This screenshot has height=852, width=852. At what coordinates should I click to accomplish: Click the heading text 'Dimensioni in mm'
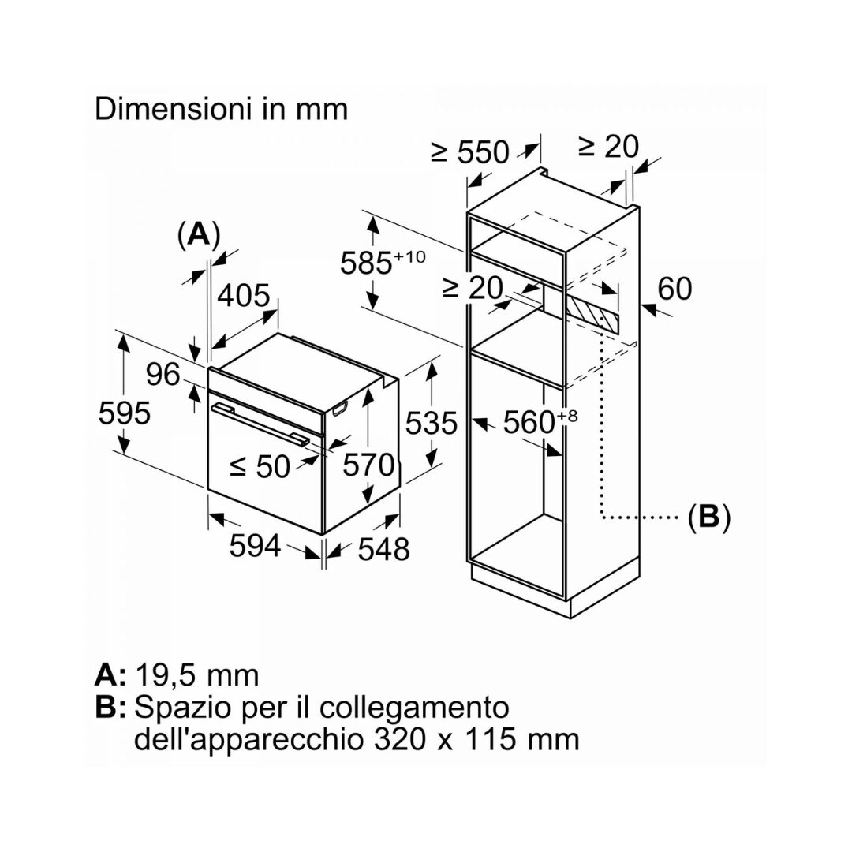click(221, 109)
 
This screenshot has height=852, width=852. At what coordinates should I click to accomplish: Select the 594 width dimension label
click(255, 545)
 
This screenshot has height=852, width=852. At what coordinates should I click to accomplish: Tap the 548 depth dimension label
click(383, 549)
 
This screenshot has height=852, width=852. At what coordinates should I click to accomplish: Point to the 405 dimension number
click(244, 296)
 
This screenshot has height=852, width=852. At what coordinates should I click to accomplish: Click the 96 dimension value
click(163, 375)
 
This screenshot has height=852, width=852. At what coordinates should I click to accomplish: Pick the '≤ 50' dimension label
click(260, 466)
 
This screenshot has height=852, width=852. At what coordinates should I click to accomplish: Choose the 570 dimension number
click(368, 465)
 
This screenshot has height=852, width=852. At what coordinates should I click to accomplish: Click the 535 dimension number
click(432, 423)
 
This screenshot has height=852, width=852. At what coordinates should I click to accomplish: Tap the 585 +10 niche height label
click(383, 263)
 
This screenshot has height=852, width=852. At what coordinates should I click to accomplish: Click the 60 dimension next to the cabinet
click(674, 289)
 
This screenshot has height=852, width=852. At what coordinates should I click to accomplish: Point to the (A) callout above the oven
click(199, 235)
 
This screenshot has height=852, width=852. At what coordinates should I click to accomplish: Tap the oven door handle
click(260, 423)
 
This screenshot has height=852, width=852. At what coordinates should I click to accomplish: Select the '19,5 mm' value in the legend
click(197, 674)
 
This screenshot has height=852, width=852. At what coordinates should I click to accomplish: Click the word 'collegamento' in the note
click(415, 708)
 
